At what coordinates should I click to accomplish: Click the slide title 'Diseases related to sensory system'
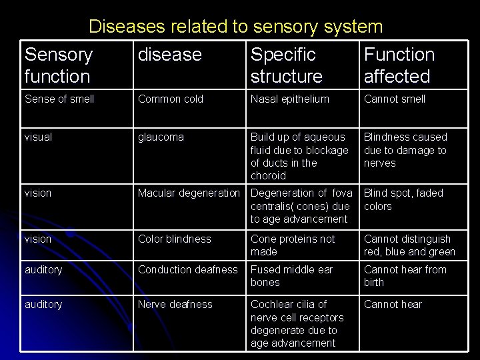[235, 27]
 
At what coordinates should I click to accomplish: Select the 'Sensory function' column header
[58, 65]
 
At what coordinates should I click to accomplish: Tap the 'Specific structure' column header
[286, 65]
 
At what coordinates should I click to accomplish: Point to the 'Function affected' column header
[399, 65]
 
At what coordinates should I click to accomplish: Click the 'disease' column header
[169, 55]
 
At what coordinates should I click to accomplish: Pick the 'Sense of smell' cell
[59, 99]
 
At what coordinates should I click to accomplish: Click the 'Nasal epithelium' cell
[289, 99]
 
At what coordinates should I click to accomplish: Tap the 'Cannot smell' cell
[394, 99]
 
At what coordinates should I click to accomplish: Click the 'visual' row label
[39, 137]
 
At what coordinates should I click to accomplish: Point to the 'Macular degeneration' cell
[189, 193]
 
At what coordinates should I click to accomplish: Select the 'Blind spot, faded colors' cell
[403, 199]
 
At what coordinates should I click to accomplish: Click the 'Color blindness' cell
[174, 239]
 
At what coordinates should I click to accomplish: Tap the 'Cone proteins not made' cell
[293, 245]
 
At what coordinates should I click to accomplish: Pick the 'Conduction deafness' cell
[187, 270]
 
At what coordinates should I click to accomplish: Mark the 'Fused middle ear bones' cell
[291, 276]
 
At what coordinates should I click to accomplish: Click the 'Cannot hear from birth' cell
[405, 276]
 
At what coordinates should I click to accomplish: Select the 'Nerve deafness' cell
[175, 305]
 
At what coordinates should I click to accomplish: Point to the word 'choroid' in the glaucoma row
[268, 176]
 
